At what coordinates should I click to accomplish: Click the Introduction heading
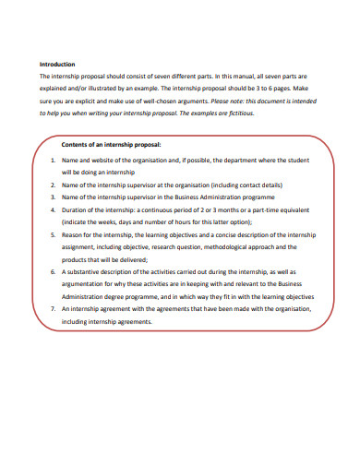57,65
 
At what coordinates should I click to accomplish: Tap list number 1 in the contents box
53,160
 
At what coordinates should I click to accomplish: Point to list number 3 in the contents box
53,197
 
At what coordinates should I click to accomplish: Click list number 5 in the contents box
53,235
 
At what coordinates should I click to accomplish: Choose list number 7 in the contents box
53,310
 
